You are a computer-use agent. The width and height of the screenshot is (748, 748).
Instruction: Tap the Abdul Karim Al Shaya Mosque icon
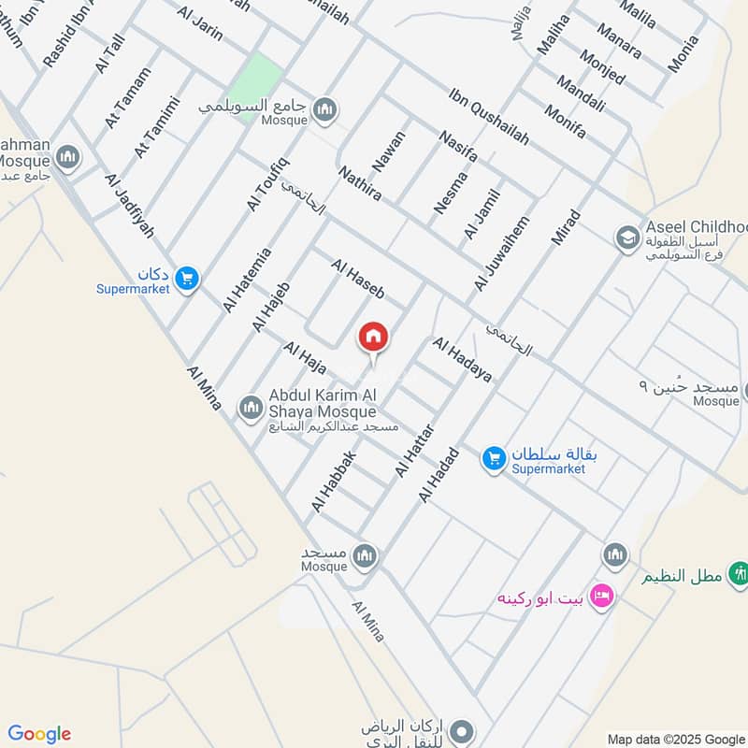tap(250, 408)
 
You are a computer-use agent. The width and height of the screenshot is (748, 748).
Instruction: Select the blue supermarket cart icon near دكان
tap(187, 278)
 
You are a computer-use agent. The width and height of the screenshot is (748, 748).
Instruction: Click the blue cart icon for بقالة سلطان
tap(494, 458)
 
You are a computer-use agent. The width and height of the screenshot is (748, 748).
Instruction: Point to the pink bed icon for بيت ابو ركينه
tap(602, 596)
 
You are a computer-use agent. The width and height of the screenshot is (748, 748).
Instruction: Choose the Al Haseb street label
tap(357, 279)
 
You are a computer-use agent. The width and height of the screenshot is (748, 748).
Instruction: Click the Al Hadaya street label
tap(461, 360)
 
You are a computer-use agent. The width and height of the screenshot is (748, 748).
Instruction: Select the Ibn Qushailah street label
tap(488, 116)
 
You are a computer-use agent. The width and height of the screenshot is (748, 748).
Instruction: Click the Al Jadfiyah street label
tap(130, 205)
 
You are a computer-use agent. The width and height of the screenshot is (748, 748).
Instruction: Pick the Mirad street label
tap(566, 227)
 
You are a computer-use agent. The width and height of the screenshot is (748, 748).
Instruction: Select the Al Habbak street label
tap(335, 482)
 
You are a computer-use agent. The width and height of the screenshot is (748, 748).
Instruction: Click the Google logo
tap(39, 734)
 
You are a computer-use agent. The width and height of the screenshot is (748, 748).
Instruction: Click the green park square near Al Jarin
tap(256, 78)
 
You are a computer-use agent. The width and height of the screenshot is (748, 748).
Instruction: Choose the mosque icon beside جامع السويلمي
tap(324, 109)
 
